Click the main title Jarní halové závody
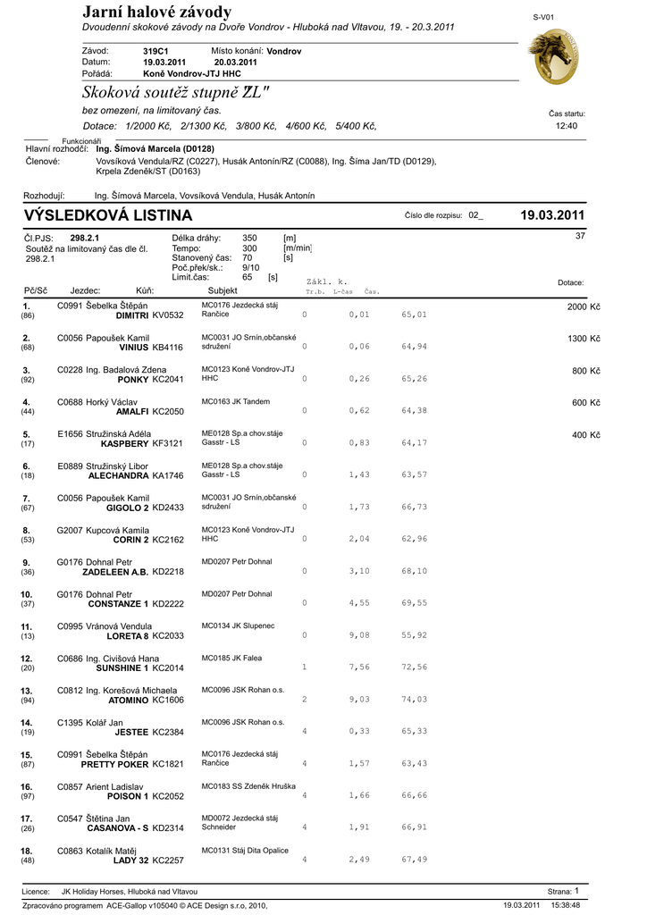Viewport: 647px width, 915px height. coord(156,12)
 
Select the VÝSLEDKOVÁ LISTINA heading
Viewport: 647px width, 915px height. coord(107,215)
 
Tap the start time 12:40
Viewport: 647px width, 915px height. coord(567,126)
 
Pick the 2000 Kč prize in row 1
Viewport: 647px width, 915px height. coord(584,307)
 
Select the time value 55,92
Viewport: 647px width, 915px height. coord(414,635)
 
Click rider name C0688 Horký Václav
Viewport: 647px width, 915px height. coord(98,402)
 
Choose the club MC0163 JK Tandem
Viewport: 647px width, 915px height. coord(236,401)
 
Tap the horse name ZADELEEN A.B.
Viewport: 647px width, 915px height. coord(115,572)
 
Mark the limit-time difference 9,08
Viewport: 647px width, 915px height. coord(359,635)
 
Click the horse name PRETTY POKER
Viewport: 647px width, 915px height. coord(114,764)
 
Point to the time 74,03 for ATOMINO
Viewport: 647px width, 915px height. coord(414,700)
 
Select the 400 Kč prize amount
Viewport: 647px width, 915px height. coord(586,435)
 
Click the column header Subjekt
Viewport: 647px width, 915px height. coord(223,290)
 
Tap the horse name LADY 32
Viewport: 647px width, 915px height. coord(130,860)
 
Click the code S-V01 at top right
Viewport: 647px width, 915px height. coord(543,17)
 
